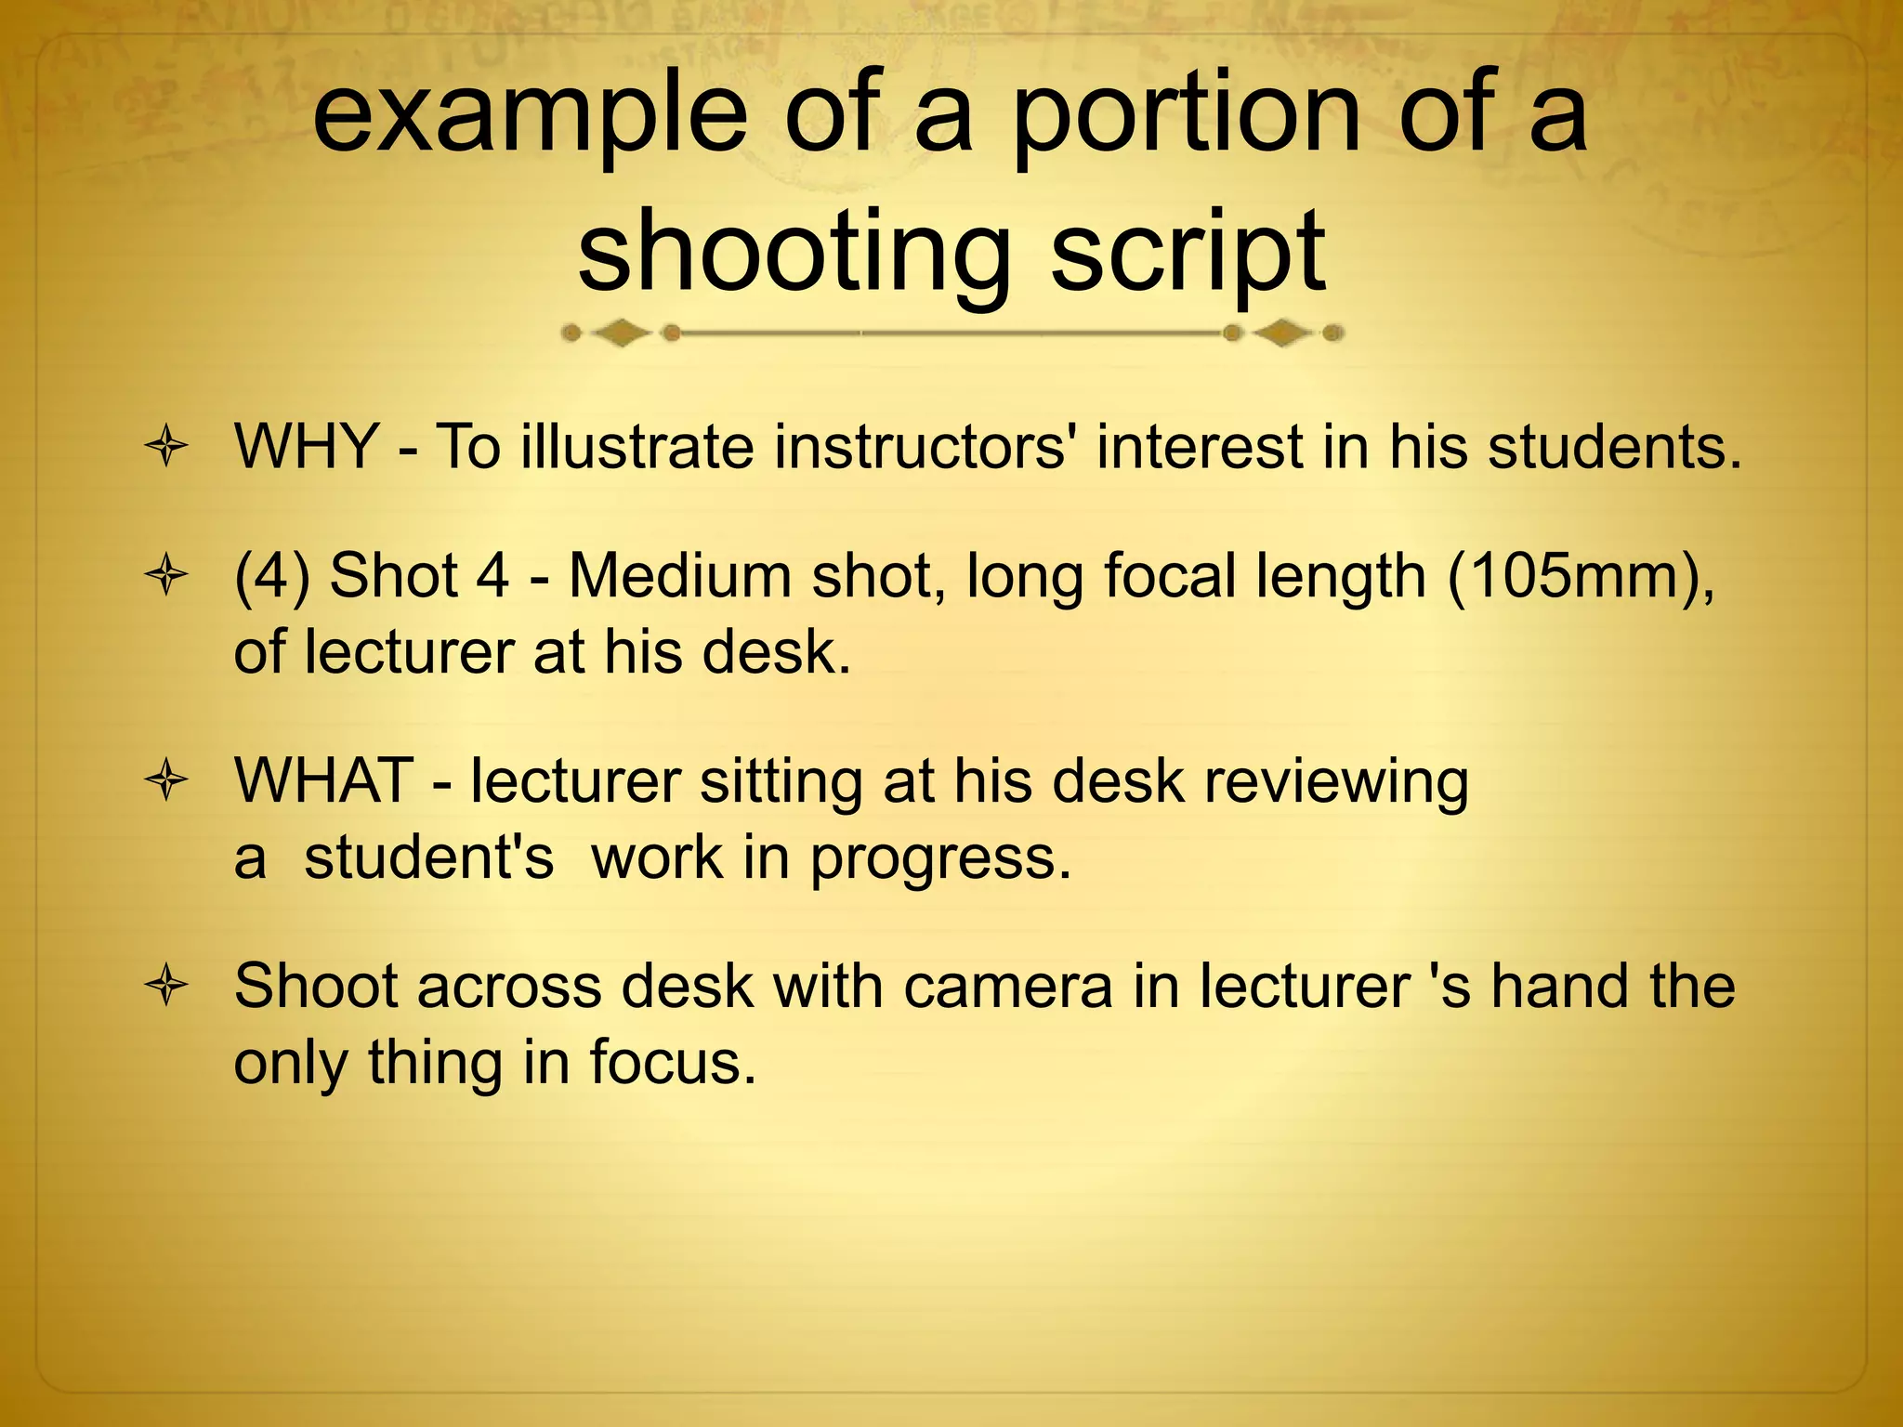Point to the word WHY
[306, 447]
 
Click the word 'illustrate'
[637, 447]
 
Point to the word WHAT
[323, 780]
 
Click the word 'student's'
[428, 857]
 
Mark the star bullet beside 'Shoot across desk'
[166, 988]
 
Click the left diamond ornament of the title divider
[621, 333]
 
